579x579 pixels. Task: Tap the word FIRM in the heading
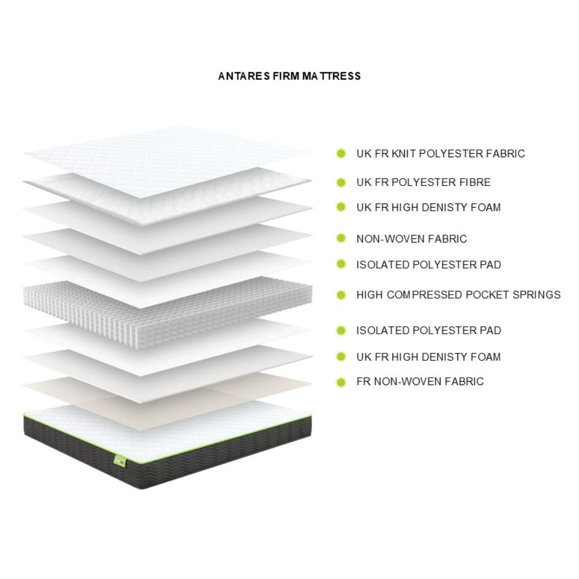[286, 76]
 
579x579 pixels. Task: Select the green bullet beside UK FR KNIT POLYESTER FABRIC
[341, 154]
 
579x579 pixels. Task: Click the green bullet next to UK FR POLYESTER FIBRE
[341, 183]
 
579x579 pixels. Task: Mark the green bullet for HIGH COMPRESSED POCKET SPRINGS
[341, 295]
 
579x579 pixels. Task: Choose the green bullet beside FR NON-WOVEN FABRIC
[341, 382]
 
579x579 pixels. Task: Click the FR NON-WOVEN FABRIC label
[420, 382]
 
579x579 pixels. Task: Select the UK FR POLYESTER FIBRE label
[424, 183]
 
